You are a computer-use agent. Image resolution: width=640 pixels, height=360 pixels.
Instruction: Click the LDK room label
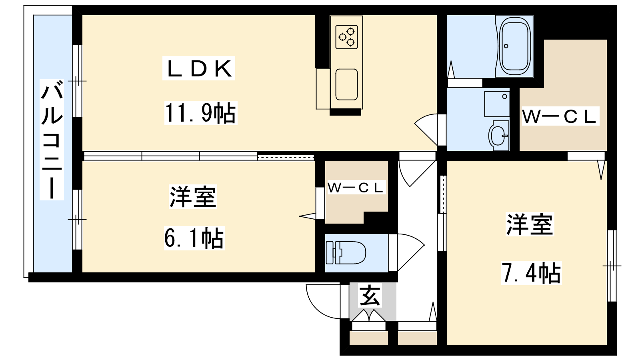click(x=199, y=69)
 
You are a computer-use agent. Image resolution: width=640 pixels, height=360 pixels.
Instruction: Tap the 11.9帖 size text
click(x=200, y=113)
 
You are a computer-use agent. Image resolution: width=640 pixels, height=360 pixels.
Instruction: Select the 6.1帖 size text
click(x=194, y=238)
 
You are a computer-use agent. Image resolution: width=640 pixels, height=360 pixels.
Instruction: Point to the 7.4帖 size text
click(x=531, y=273)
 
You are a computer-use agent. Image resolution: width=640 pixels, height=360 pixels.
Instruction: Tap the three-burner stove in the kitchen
click(x=346, y=37)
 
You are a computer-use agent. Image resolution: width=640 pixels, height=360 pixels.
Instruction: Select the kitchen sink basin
click(x=346, y=84)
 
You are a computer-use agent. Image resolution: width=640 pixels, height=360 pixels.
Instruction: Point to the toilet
click(x=346, y=253)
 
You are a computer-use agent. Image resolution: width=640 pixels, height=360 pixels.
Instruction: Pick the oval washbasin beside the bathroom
click(x=498, y=135)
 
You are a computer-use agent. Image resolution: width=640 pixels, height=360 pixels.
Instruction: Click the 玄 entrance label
click(x=370, y=296)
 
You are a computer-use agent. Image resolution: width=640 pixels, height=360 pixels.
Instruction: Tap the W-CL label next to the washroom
click(x=559, y=116)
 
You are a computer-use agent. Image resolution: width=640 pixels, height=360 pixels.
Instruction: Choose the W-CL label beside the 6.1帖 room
click(x=356, y=188)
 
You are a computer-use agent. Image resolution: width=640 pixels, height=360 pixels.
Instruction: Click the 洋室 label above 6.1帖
click(x=193, y=197)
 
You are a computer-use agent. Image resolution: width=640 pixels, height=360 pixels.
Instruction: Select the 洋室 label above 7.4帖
click(x=530, y=224)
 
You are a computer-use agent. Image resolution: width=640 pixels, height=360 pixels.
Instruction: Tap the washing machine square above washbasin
click(x=496, y=104)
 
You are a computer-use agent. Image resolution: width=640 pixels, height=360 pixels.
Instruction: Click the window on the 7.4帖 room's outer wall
click(x=612, y=266)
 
